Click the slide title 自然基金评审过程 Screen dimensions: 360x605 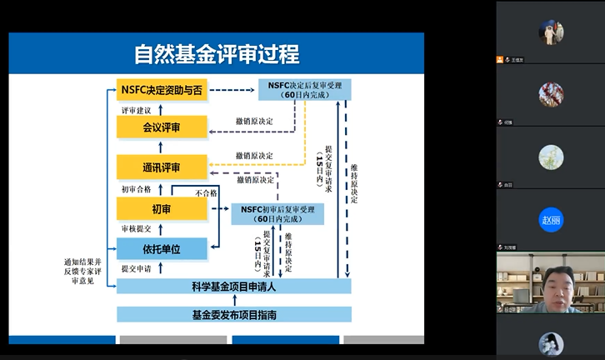tap(217, 54)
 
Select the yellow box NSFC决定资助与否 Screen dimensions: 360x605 tap(161, 90)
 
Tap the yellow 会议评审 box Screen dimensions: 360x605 tap(161, 127)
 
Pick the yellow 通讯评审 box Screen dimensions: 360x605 tap(161, 167)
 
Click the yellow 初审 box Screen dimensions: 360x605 tap(161, 208)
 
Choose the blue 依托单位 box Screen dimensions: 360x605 tap(161, 248)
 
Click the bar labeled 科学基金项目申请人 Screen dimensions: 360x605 tap(233, 287)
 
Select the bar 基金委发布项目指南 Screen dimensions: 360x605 tap(233, 315)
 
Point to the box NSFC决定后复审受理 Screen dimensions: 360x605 tap(305, 89)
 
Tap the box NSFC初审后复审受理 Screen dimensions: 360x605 tap(277, 213)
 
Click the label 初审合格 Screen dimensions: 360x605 tap(137, 189)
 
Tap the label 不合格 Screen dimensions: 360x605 tap(206, 192)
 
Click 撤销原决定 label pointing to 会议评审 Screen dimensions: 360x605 tap(254, 122)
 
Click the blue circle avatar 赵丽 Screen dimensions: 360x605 tap(551, 221)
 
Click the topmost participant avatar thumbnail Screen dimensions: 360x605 tap(551, 32)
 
